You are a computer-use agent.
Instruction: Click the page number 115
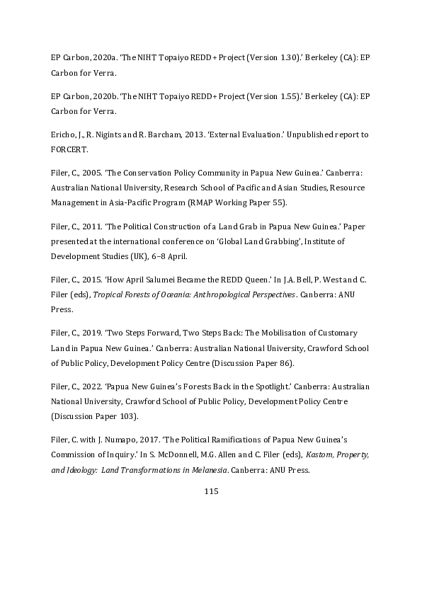210,491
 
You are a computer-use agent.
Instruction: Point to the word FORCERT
68,147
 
